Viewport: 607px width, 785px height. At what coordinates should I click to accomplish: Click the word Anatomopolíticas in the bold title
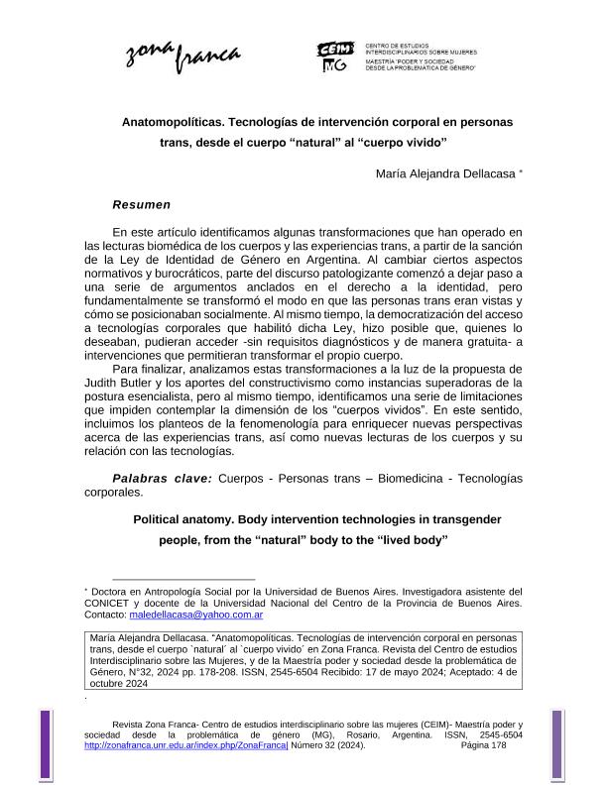pyautogui.click(x=173, y=122)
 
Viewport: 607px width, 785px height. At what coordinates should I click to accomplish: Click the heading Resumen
pyautogui.click(x=141, y=205)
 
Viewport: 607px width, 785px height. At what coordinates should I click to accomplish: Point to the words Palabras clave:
pyautogui.click(x=162, y=479)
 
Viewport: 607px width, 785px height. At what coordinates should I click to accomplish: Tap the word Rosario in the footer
pyautogui.click(x=355, y=734)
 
